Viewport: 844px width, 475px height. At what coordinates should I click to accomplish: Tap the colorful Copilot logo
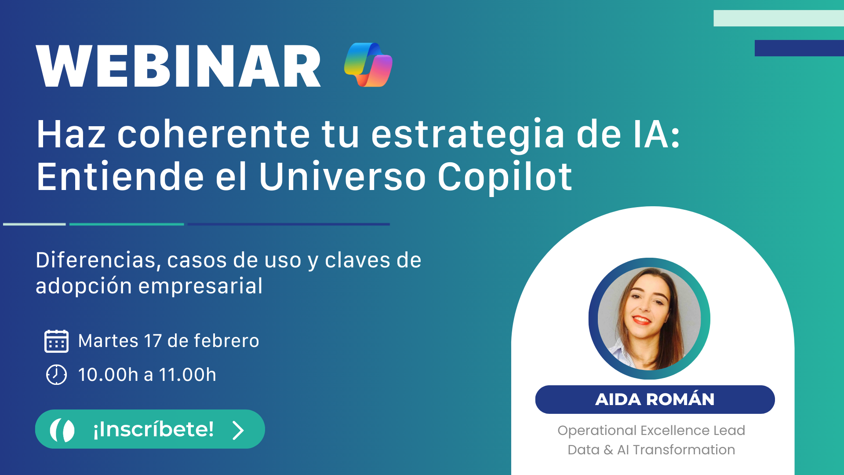pyautogui.click(x=368, y=65)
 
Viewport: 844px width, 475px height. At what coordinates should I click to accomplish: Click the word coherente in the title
pyautogui.click(x=214, y=134)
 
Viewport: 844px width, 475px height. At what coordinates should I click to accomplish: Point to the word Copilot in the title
pyautogui.click(x=505, y=177)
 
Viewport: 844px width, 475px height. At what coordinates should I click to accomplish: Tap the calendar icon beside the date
pyautogui.click(x=56, y=341)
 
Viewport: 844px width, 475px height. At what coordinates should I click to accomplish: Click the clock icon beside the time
pyautogui.click(x=56, y=375)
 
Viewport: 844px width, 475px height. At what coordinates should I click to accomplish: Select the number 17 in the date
pyautogui.click(x=153, y=341)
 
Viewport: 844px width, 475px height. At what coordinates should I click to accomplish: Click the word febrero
pyautogui.click(x=226, y=341)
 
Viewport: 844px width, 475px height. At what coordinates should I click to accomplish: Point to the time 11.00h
pyautogui.click(x=187, y=375)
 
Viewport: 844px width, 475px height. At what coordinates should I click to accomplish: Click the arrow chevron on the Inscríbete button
pyautogui.click(x=238, y=430)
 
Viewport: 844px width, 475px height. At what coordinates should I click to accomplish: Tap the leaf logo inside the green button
pyautogui.click(x=62, y=430)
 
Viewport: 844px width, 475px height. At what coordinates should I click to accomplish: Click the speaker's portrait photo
pyautogui.click(x=649, y=318)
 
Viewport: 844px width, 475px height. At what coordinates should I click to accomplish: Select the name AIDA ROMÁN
pyautogui.click(x=655, y=399)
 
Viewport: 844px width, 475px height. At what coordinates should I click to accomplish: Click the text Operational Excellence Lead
pyautogui.click(x=651, y=430)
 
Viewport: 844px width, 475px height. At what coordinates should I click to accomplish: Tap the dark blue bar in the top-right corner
pyautogui.click(x=799, y=48)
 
